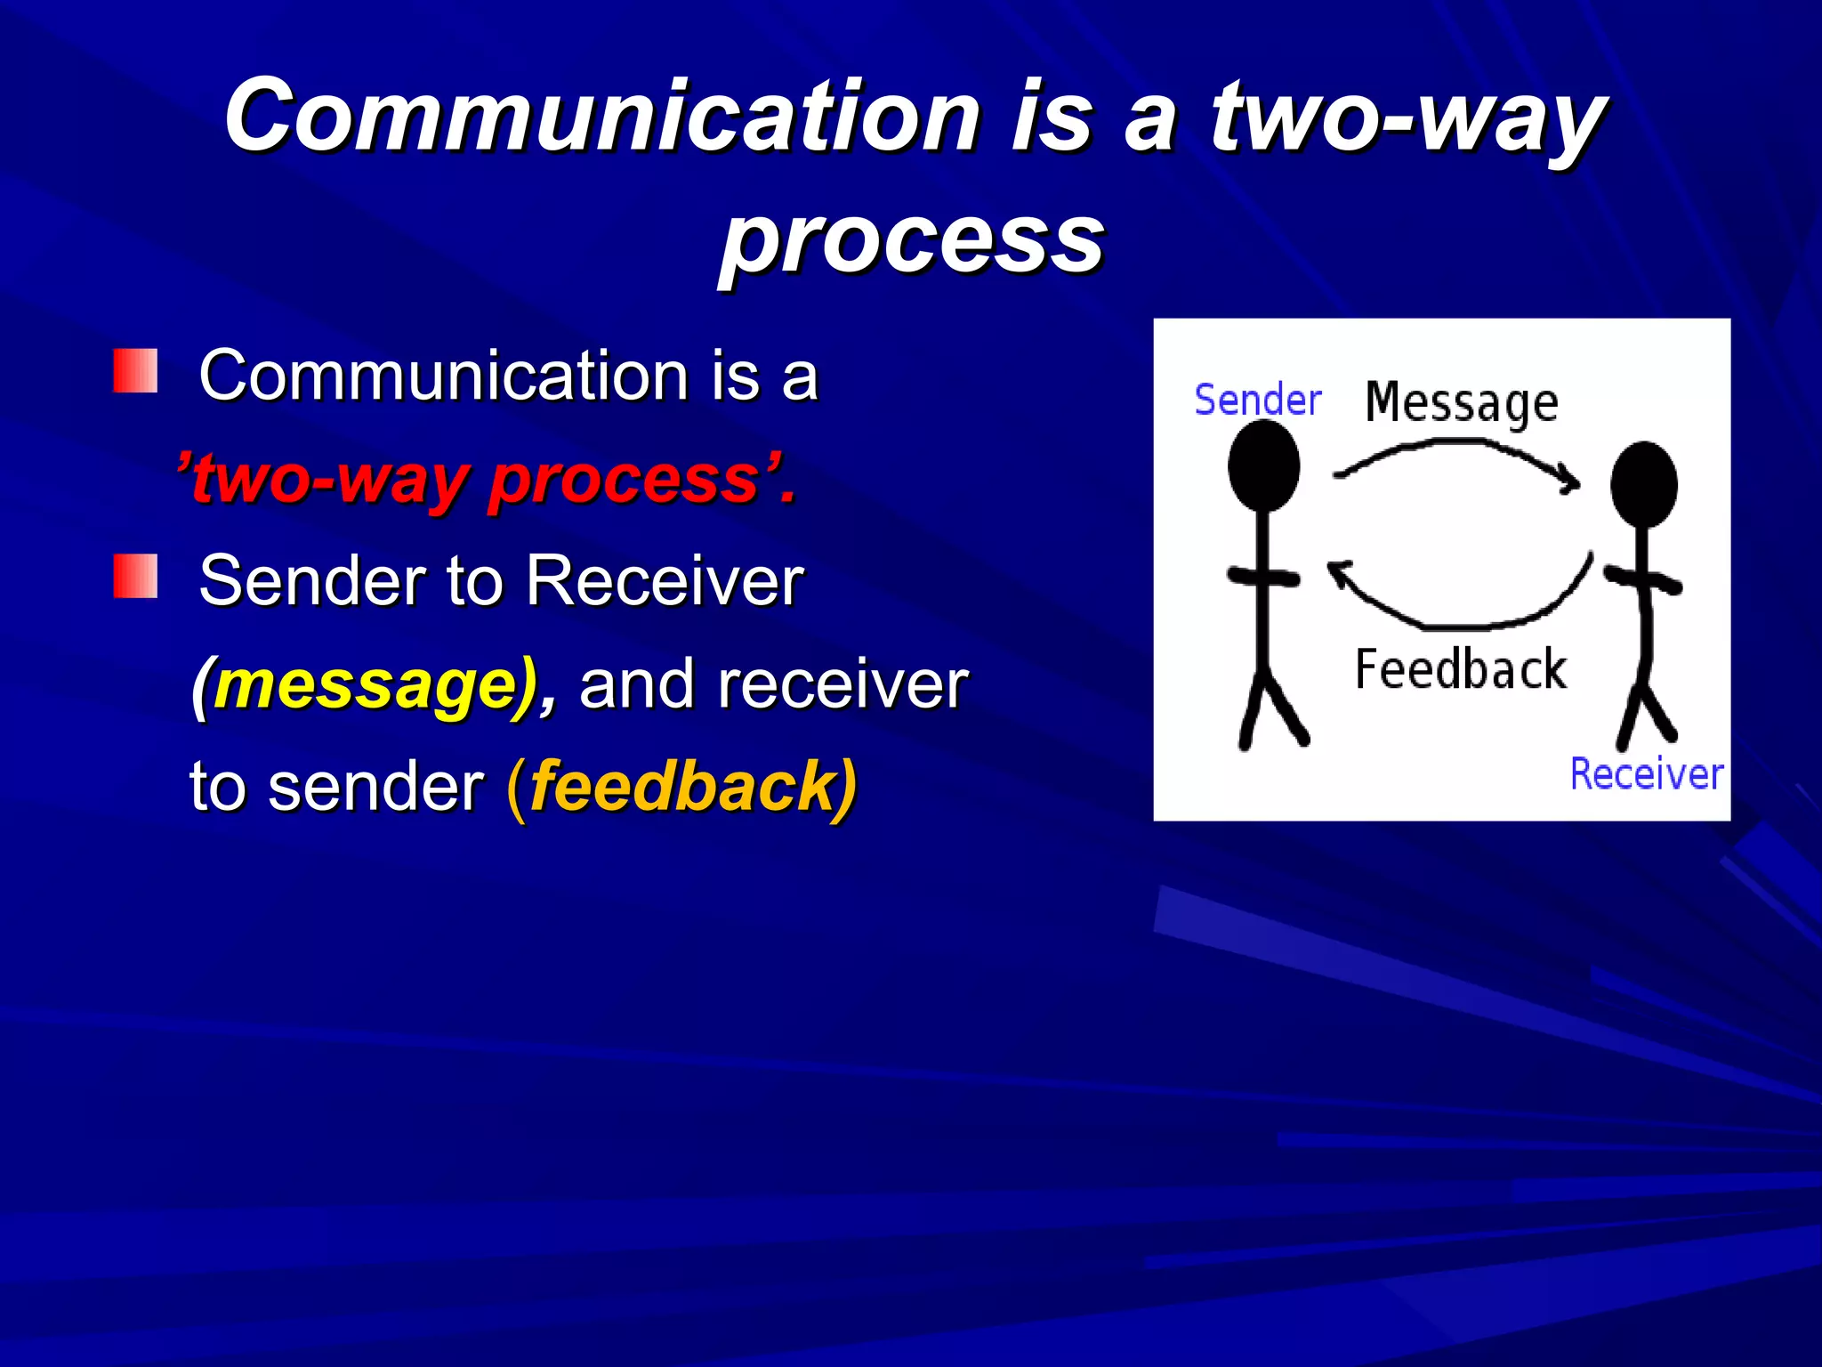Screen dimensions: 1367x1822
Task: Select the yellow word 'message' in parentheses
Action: coord(366,685)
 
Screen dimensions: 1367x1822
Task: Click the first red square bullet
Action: coord(135,371)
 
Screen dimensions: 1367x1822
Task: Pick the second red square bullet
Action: coord(135,577)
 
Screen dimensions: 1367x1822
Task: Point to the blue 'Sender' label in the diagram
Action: coord(1257,400)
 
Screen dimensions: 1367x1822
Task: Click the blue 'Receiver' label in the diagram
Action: coord(1646,773)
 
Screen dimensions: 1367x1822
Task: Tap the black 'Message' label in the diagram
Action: coord(1462,403)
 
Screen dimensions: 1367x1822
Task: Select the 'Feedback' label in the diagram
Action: coord(1460,669)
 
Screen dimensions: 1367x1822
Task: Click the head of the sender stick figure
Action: coord(1263,465)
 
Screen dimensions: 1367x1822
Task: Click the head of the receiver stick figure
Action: coord(1643,485)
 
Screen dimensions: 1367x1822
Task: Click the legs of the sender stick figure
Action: coord(1270,712)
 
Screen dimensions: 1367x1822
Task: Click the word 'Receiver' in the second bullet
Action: coord(665,581)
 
